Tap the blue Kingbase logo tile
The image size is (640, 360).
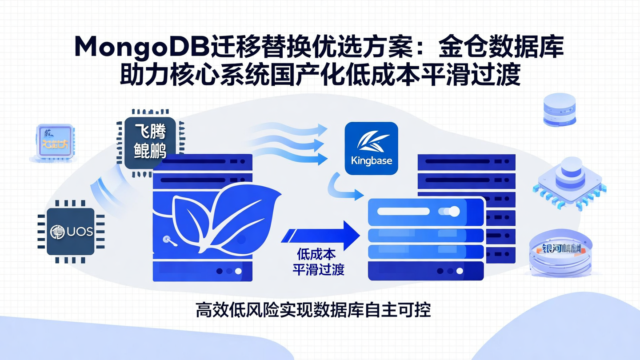pos(371,148)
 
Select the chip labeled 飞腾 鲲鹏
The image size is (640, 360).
pos(150,142)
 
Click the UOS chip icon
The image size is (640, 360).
pos(71,232)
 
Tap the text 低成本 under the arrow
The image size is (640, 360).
pos(316,255)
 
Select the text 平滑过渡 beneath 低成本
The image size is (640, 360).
pos(318,269)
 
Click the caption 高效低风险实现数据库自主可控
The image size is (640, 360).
pos(313,310)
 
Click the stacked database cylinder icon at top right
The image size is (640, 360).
pos(559,109)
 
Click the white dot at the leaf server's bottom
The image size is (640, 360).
pos(238,271)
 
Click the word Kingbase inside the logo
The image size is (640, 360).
pos(371,160)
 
